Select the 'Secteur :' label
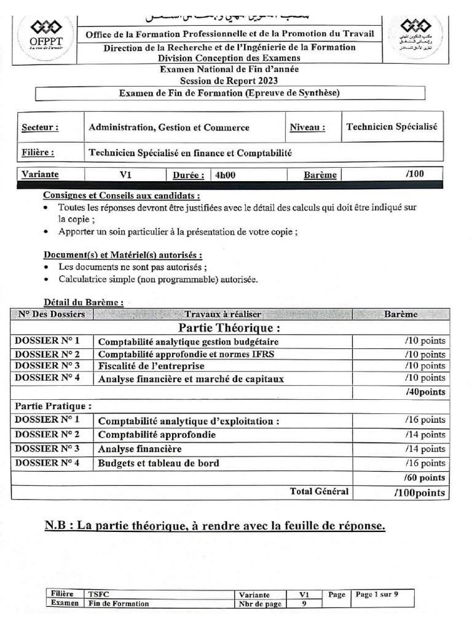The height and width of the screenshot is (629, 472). pos(41,128)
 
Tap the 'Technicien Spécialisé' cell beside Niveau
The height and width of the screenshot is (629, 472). pos(391,127)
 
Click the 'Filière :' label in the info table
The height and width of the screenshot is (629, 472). pos(37,152)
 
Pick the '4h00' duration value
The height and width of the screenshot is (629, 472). pos(225,174)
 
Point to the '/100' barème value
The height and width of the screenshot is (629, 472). pos(415,174)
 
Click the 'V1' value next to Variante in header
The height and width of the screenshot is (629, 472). pos(126,174)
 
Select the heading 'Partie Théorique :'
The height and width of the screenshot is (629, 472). pos(230,327)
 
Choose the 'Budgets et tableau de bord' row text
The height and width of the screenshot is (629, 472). pos(159,463)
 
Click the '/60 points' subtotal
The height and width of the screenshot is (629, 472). pos(425,477)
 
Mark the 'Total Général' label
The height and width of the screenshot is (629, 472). pos(319,491)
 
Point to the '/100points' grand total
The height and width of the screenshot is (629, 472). pos(419,493)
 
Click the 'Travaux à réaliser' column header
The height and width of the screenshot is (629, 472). pos(222,314)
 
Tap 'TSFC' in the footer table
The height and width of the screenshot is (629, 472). pos(97,595)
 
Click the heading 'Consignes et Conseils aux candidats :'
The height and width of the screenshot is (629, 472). pos(121,195)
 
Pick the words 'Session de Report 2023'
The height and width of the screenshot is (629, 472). pos(229,80)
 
